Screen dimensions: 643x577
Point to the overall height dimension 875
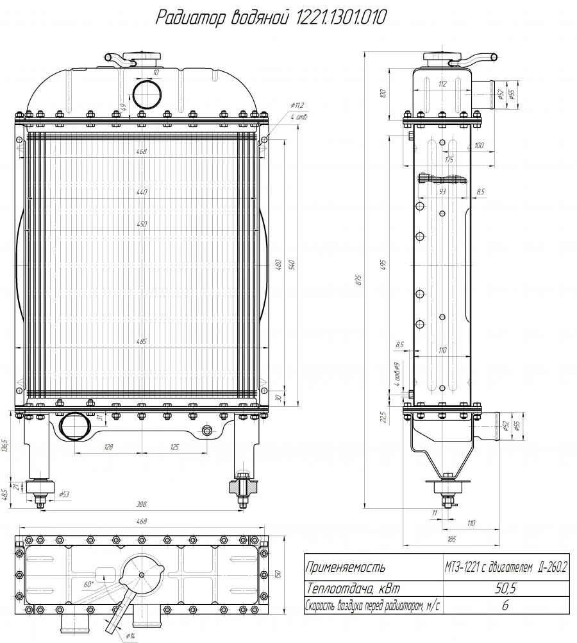pos(359,280)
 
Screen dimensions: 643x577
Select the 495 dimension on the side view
pos(383,264)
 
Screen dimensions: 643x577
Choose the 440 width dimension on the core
pos(142,192)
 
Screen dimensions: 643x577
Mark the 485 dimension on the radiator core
pos(142,341)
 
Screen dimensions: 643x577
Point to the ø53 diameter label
pos(64,495)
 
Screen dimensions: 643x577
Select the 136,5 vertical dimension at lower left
pos(5,445)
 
